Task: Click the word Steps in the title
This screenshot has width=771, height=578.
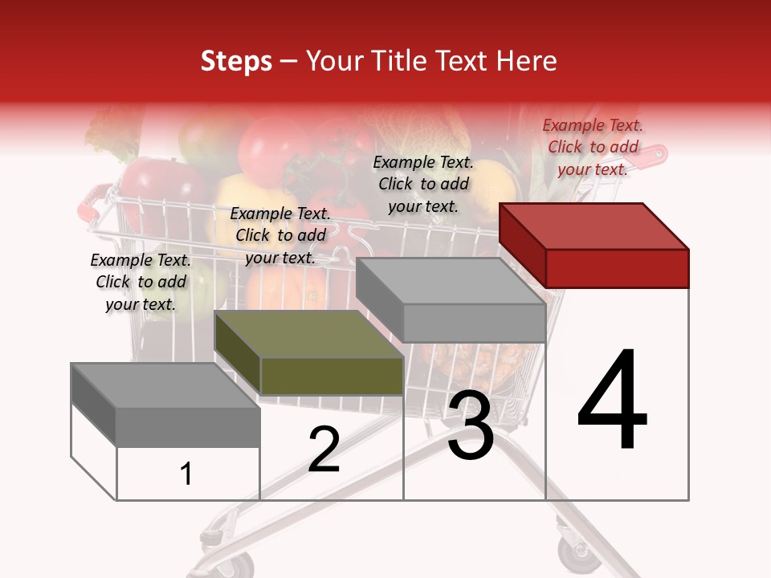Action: coord(236,61)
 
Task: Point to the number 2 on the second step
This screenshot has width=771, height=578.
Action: coord(324,450)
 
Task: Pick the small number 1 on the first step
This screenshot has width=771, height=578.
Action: coord(186,474)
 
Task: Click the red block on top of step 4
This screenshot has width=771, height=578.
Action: coord(594,246)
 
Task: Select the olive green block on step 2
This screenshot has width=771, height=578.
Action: coord(309,353)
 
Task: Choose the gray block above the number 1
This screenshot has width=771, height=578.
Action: coord(165,405)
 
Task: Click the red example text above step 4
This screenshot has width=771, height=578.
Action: coord(593,147)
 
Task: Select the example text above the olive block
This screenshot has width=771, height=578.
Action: coord(280,235)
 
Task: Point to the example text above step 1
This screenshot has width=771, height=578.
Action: coord(141,282)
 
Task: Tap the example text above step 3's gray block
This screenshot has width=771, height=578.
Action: coord(423,184)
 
